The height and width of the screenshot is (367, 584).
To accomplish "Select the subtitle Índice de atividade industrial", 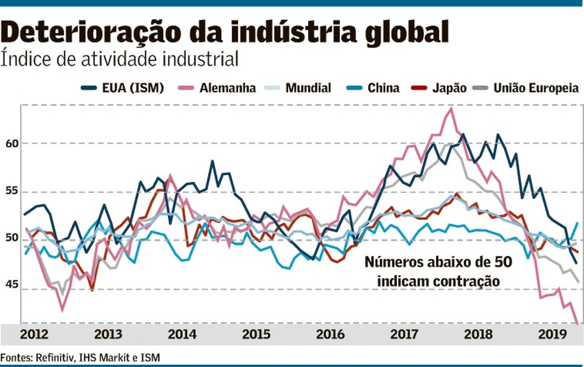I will tap(120, 59).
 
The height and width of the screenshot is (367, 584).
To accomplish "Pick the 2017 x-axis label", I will tap(404, 334).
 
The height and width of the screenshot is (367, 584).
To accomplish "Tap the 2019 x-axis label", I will tap(551, 334).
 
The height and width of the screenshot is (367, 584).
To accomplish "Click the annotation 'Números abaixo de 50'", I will tap(438, 262).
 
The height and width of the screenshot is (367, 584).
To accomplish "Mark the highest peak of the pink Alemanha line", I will tap(452, 109).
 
